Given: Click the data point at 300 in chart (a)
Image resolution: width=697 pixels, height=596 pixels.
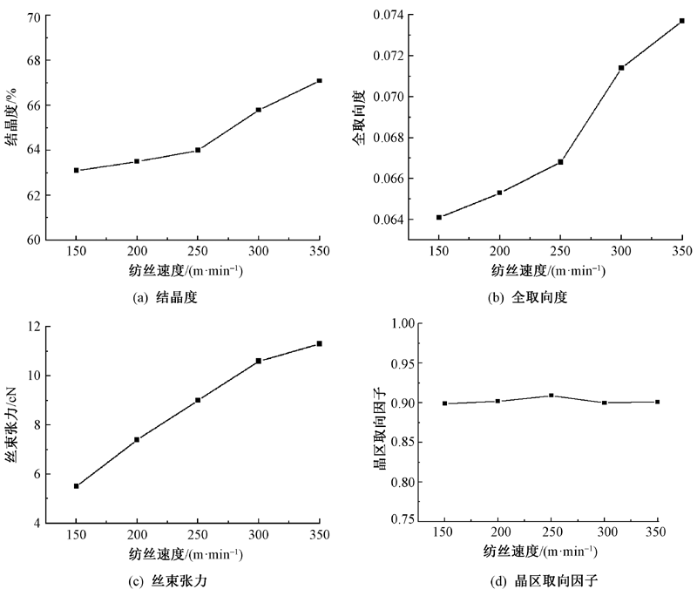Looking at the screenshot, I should [259, 110].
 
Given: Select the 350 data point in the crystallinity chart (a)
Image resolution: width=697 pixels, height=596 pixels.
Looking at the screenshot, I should [320, 80].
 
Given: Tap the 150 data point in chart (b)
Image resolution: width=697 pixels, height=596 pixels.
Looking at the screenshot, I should [439, 217].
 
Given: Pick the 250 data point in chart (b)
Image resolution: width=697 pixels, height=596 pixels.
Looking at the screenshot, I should [560, 162].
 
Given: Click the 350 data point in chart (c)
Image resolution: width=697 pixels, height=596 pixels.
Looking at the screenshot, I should [320, 343].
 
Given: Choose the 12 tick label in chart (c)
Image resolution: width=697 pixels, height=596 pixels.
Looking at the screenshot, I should [35, 327].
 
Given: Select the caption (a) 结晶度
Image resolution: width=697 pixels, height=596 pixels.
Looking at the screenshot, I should [166, 296].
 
